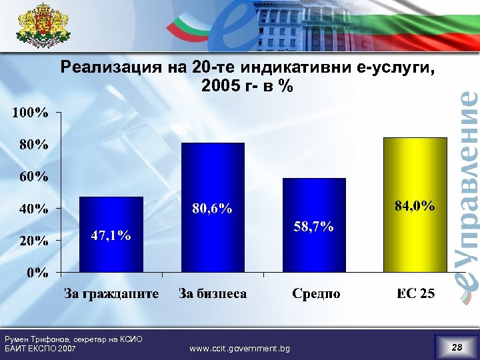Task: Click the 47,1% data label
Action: point(111,235)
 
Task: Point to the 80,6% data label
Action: point(212,209)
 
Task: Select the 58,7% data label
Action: point(313,227)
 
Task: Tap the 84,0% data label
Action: point(415,206)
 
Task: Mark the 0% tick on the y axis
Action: point(37,272)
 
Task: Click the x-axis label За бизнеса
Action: point(213,293)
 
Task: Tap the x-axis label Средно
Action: point(316,293)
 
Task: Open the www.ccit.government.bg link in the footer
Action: point(240,348)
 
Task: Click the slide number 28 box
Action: point(456,347)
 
